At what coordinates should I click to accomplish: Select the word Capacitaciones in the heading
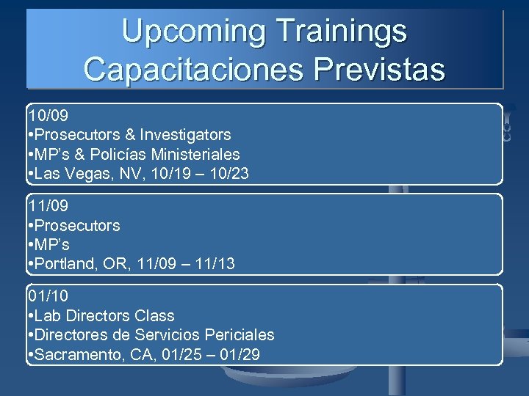(x=193, y=69)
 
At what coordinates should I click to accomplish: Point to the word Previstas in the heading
(x=379, y=69)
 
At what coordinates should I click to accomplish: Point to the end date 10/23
(x=229, y=173)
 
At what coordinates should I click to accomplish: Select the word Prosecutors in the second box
(x=77, y=225)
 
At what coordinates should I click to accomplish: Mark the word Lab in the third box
(x=48, y=316)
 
